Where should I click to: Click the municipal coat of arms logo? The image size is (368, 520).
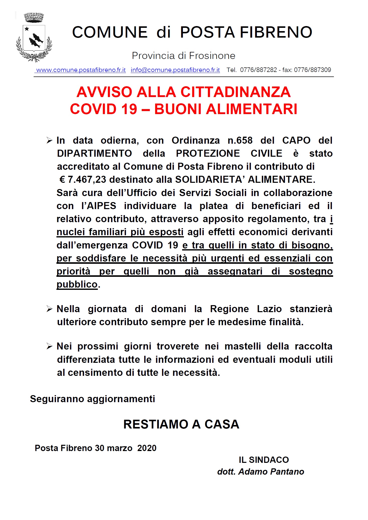[34, 38]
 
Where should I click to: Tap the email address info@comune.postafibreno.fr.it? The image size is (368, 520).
[175, 70]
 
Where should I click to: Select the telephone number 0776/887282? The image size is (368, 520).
[258, 70]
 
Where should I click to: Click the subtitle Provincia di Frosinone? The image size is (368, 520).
[183, 56]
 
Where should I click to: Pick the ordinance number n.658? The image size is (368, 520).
[240, 140]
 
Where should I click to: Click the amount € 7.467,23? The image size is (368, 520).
[83, 180]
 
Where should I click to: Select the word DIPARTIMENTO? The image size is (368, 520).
[94, 153]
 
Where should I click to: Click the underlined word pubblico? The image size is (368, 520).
[77, 284]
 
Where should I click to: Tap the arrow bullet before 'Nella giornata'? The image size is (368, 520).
[49, 309]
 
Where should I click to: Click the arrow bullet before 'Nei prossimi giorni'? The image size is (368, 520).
[49, 347]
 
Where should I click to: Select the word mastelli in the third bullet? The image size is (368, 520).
[243, 346]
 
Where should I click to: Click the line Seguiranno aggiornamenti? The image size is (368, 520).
[92, 399]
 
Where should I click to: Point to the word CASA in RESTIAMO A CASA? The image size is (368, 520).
[222, 424]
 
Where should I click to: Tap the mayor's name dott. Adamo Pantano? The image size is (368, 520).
[260, 472]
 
